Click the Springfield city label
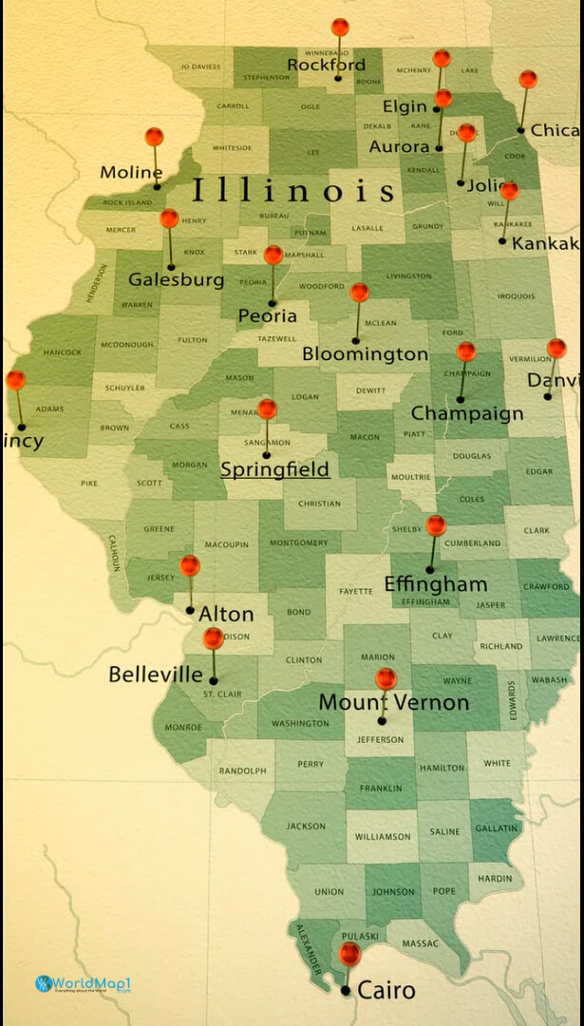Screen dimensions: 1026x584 point(274,469)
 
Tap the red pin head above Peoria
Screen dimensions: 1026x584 point(273,255)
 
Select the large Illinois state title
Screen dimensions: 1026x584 point(293,191)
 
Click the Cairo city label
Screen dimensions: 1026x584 point(386,991)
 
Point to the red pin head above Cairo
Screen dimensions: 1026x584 point(349,952)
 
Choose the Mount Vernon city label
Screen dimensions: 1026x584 point(393,703)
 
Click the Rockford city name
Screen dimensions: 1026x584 point(326,66)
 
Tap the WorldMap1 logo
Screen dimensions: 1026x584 point(82,983)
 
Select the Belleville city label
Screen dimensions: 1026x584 point(156,674)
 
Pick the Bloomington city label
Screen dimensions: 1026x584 point(365,354)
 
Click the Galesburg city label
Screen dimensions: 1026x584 point(177,279)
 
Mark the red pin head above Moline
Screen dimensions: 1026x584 point(154,137)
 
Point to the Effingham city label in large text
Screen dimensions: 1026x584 point(435,584)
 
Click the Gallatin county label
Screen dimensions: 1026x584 point(497,828)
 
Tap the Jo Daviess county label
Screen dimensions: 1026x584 point(199,66)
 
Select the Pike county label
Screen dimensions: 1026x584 point(88,484)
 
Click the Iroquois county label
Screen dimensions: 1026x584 point(516,296)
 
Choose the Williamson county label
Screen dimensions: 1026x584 point(383,837)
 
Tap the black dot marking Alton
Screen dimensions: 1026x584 point(190,610)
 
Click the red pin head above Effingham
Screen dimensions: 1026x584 point(436,525)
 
